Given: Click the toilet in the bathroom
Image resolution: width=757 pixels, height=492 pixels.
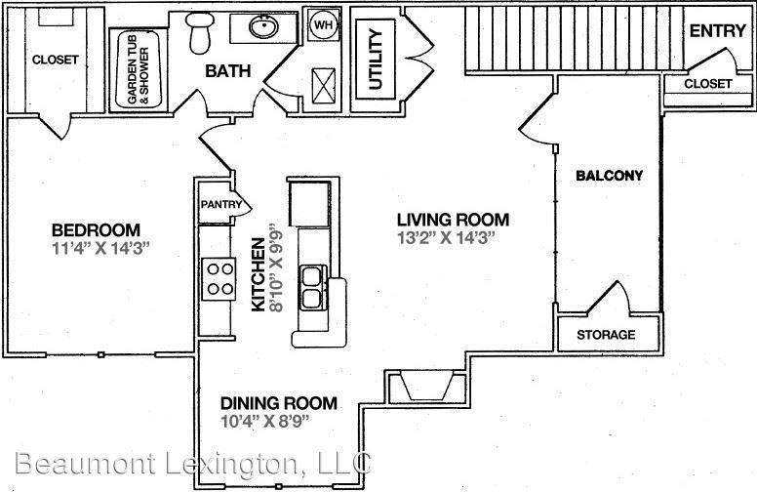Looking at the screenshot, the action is (200, 32).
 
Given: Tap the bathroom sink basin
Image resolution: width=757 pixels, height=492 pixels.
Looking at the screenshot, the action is (263, 26).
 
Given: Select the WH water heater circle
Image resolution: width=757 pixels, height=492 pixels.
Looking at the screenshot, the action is (324, 24).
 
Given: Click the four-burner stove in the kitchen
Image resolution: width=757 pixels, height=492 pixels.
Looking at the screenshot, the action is (219, 279).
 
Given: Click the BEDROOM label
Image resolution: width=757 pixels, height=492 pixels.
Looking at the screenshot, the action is (96, 229).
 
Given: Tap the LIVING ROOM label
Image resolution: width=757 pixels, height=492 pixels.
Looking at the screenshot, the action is (453, 220).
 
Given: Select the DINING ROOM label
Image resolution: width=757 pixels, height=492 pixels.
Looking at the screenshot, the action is (279, 403).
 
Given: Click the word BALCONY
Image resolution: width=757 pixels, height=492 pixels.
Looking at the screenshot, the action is (610, 175).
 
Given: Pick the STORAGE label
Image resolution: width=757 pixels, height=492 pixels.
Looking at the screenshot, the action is (606, 335).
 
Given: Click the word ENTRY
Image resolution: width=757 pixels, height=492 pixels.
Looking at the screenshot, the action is (717, 31).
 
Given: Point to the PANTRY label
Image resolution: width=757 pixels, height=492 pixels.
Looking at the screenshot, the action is (221, 204).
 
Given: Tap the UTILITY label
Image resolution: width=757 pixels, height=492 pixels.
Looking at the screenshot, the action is (376, 60).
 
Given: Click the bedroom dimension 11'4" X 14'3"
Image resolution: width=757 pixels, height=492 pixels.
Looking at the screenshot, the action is (101, 248).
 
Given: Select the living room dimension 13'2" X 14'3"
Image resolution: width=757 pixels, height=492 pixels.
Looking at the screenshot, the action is (447, 238).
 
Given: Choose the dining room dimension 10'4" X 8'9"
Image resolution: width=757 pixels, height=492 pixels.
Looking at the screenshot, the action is (264, 421).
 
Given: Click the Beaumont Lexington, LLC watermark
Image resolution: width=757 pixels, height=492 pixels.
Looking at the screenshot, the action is (193, 464).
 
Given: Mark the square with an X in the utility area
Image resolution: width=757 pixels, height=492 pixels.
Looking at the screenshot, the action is (324, 86).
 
